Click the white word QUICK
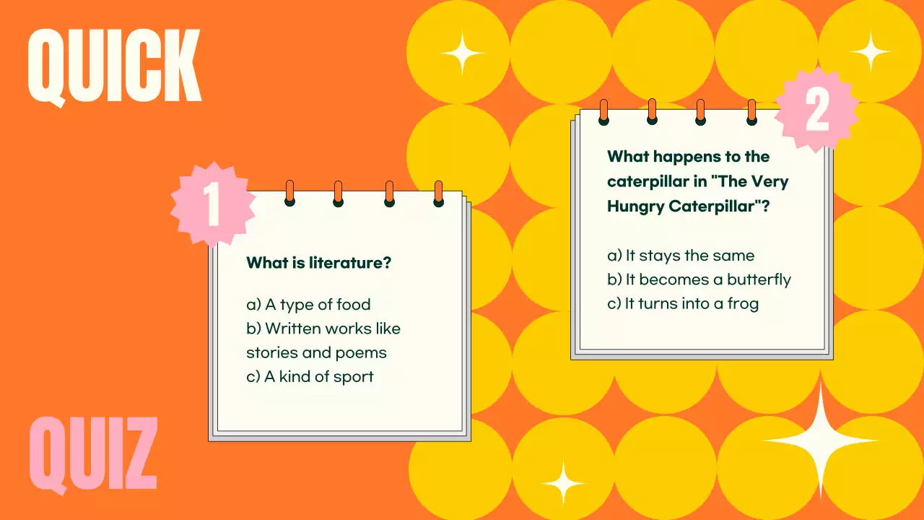point(114,66)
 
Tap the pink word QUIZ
point(93,455)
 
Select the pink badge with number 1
point(213,204)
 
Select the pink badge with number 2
point(816,111)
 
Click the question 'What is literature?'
point(318,263)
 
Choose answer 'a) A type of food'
point(308,305)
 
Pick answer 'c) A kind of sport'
point(310,376)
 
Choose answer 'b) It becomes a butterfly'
point(699,279)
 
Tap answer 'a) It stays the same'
point(681,256)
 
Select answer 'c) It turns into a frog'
point(683,303)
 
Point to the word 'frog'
point(743,304)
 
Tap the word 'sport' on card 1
point(353,377)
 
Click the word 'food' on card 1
point(353,305)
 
